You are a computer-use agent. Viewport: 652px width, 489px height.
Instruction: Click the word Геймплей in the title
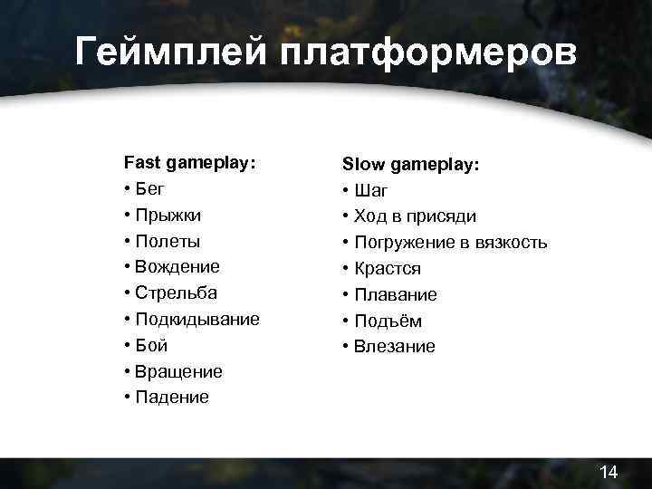pos(171,52)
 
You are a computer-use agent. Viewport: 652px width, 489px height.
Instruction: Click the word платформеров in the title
pos(428,52)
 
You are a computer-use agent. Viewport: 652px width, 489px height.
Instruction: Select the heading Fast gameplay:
pos(189,163)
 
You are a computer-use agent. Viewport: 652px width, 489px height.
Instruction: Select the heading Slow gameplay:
pos(410,165)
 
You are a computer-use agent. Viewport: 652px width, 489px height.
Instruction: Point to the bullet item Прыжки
pos(168,216)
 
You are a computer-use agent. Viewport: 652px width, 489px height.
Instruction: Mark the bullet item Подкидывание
pos(197,320)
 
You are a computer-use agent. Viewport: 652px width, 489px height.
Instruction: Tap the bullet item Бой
pos(151,345)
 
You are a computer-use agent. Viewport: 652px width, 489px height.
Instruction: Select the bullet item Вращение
pos(178,371)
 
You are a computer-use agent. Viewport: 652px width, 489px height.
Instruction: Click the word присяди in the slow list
pos(443,217)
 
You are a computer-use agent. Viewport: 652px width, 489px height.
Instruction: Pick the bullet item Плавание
pos(396,295)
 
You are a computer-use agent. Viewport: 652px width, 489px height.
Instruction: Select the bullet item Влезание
pos(395,347)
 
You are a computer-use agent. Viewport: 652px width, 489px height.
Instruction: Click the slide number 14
pos(609,472)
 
